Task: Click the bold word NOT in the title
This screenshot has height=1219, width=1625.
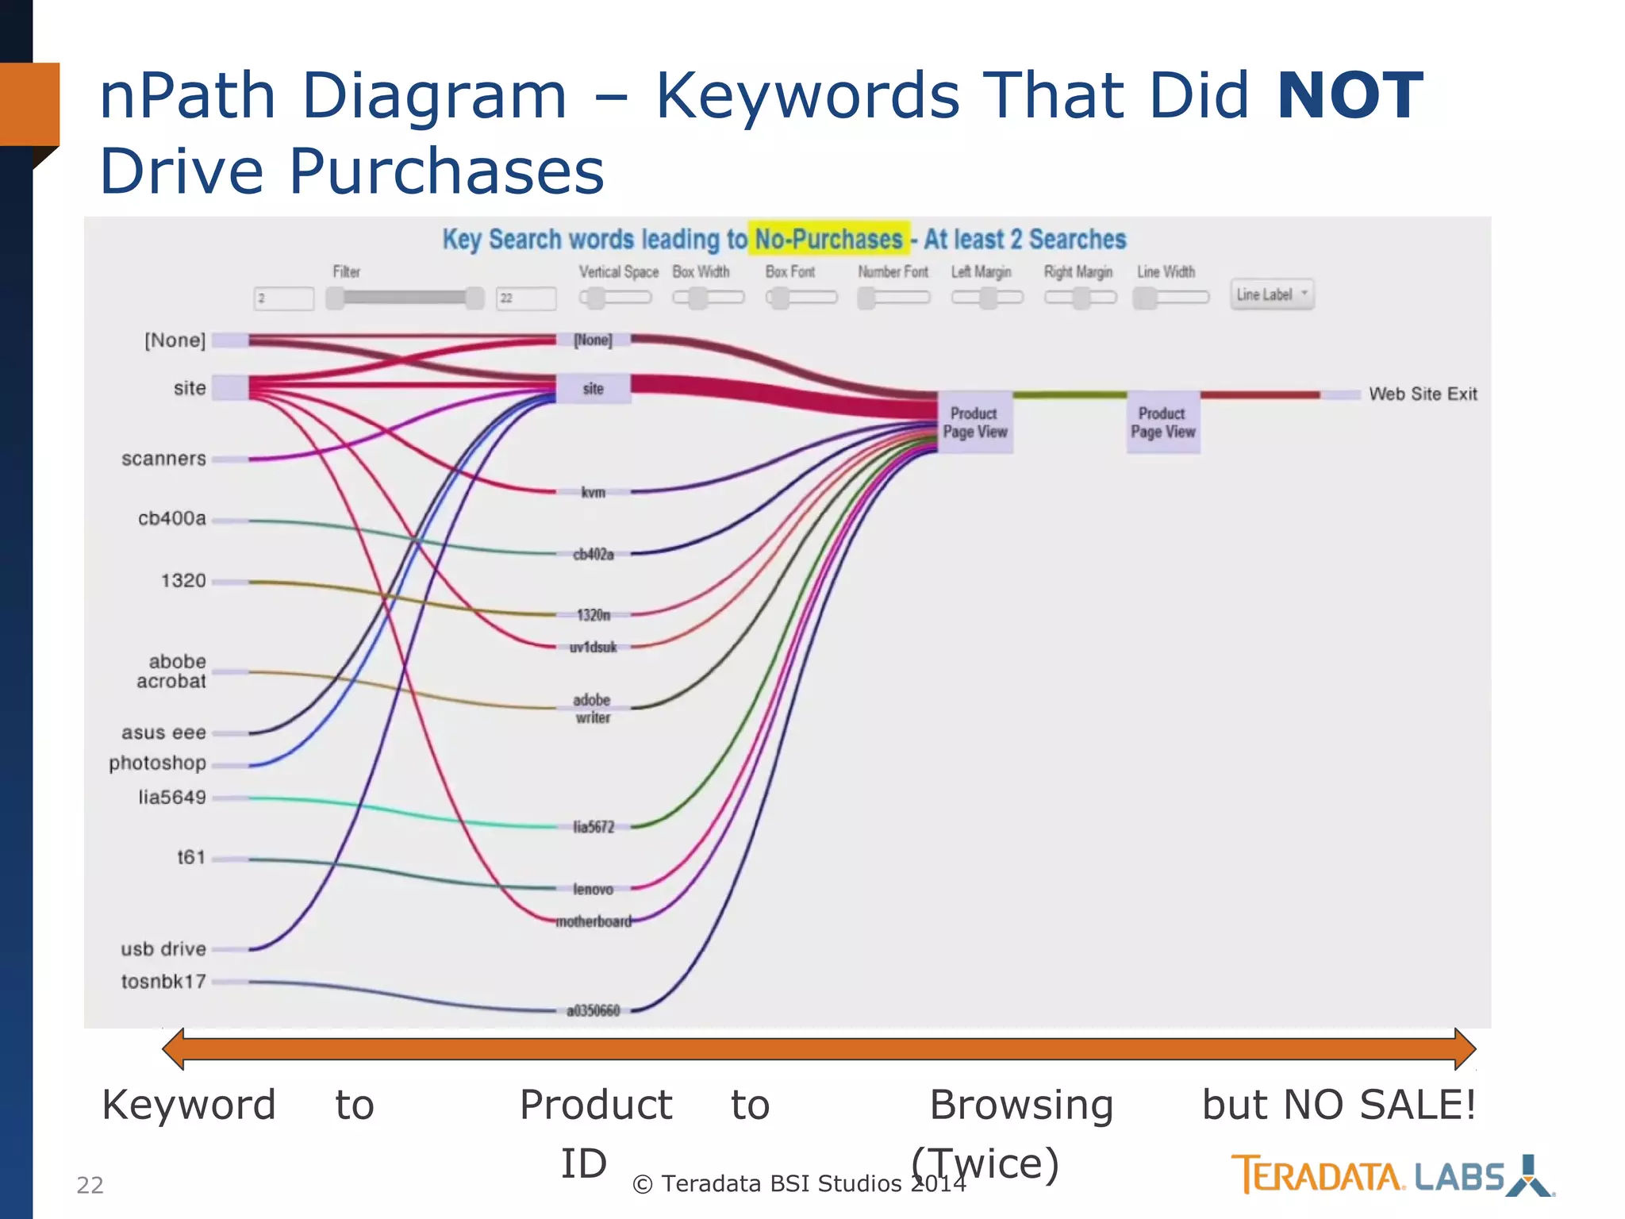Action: (1350, 97)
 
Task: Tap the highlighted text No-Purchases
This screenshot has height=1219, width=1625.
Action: (828, 239)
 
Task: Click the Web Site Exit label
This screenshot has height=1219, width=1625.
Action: (1423, 394)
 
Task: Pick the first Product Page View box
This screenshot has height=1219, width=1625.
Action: (975, 422)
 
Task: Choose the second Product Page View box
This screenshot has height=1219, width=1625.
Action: (1163, 422)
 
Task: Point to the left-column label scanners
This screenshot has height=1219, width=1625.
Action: (163, 459)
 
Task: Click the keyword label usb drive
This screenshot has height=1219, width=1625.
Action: (163, 949)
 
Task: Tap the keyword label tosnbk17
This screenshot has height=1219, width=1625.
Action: (163, 982)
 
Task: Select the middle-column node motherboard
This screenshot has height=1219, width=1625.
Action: (594, 921)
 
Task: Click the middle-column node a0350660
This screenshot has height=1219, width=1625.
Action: (594, 1010)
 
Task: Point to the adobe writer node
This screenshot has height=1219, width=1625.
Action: (593, 708)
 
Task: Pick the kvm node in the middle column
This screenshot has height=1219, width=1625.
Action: (594, 492)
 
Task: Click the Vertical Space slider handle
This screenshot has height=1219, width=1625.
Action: (594, 298)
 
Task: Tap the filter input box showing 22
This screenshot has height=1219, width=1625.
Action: (526, 298)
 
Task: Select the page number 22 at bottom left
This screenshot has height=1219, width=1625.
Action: (90, 1185)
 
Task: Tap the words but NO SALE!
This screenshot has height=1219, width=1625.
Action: (1339, 1105)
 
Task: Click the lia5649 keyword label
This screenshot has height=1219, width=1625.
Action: (171, 797)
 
